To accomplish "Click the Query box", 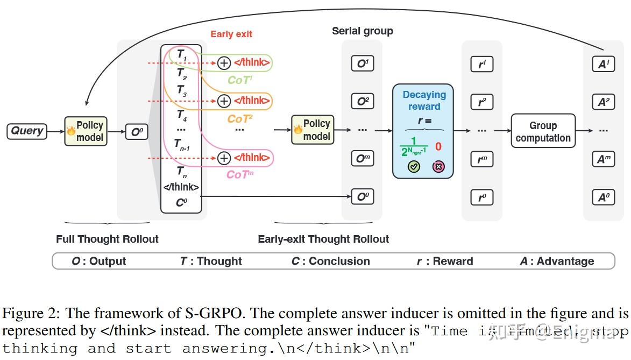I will pyautogui.click(x=27, y=131).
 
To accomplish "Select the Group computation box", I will pyautogui.click(x=543, y=131).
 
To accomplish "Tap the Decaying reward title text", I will pyautogui.click(x=424, y=100).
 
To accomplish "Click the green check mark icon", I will pyautogui.click(x=414, y=167).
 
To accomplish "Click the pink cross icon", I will pyautogui.click(x=438, y=167).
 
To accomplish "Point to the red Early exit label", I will pyautogui.click(x=231, y=34).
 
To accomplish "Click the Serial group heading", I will pyautogui.click(x=362, y=31).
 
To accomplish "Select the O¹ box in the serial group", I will pyautogui.click(x=362, y=63).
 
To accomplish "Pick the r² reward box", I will pyautogui.click(x=482, y=101).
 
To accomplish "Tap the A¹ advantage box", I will pyautogui.click(x=602, y=64).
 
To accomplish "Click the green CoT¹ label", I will pyautogui.click(x=239, y=80).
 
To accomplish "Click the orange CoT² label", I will pyautogui.click(x=239, y=118).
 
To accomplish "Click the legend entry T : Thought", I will pyautogui.click(x=211, y=262).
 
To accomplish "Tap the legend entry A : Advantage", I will pyautogui.click(x=557, y=262).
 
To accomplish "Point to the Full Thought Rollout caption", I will pyautogui.click(x=107, y=239).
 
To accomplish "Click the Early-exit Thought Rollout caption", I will pyautogui.click(x=323, y=239).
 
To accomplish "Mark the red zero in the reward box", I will pyautogui.click(x=438, y=146).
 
